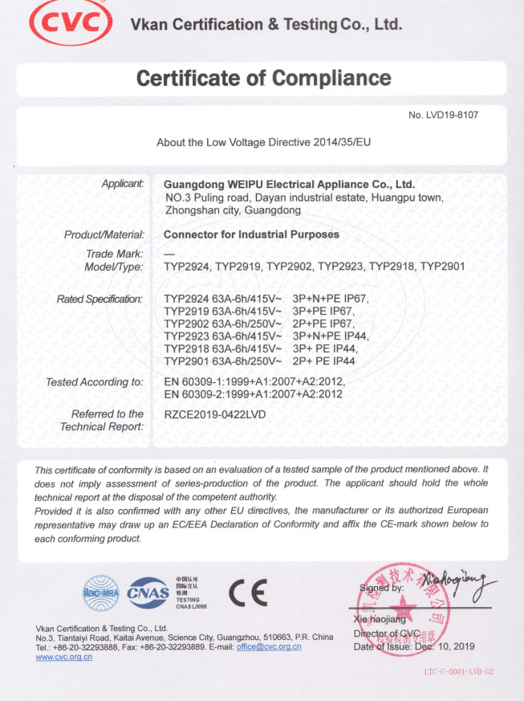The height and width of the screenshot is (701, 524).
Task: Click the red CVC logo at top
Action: [x=70, y=25]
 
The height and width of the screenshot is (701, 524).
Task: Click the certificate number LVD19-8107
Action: [x=443, y=115]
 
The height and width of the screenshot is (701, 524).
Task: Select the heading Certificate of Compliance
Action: [x=263, y=79]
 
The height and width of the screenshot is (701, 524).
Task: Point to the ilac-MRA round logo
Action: [x=100, y=591]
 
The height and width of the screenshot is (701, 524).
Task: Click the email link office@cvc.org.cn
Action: [x=269, y=646]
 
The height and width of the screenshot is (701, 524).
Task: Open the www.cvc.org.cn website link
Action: [x=64, y=657]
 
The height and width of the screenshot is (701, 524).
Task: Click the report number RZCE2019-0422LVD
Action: [x=214, y=414]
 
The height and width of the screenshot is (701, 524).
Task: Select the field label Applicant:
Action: [x=122, y=184]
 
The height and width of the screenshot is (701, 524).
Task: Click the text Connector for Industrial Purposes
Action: [x=251, y=234]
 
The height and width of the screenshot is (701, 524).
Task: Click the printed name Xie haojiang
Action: [x=380, y=620]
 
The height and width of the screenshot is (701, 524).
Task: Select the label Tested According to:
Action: [x=95, y=382]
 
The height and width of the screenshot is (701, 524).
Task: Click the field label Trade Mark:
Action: [x=120, y=254]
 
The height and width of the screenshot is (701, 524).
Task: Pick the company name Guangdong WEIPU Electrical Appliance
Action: [x=289, y=184]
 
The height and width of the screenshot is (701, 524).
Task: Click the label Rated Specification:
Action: [x=100, y=299]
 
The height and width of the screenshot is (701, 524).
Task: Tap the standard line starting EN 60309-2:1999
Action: [x=254, y=394]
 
